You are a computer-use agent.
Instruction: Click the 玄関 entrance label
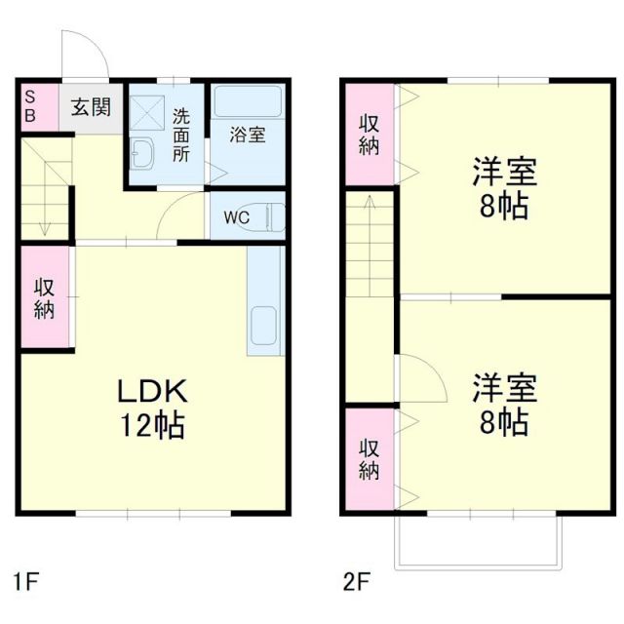90,105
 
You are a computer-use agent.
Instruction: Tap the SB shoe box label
30,105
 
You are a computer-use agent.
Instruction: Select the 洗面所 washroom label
181,135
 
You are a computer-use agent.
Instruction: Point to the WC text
236,217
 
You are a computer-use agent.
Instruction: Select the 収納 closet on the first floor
45,299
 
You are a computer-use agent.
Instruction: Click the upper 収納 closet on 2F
369,135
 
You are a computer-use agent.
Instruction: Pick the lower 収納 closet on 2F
369,459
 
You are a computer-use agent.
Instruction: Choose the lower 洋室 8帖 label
505,405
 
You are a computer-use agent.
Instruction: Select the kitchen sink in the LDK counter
264,328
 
